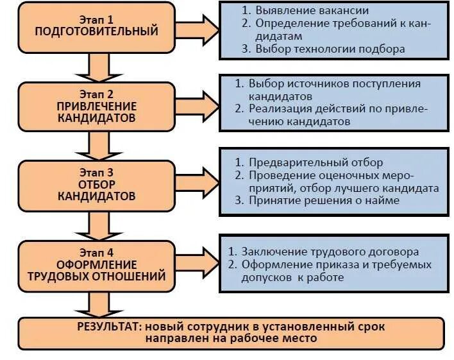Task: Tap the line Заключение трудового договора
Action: (330, 252)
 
